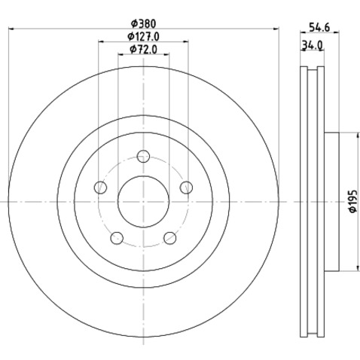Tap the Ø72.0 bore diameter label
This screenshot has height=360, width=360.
[142, 50]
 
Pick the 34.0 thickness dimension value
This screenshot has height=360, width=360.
[313, 44]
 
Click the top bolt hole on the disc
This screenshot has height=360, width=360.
[143, 157]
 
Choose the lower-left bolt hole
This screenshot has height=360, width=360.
[115, 239]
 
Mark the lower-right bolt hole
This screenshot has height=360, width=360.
[169, 239]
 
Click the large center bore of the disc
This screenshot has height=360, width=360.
[142, 202]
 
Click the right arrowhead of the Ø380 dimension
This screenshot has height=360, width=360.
[275, 29]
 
